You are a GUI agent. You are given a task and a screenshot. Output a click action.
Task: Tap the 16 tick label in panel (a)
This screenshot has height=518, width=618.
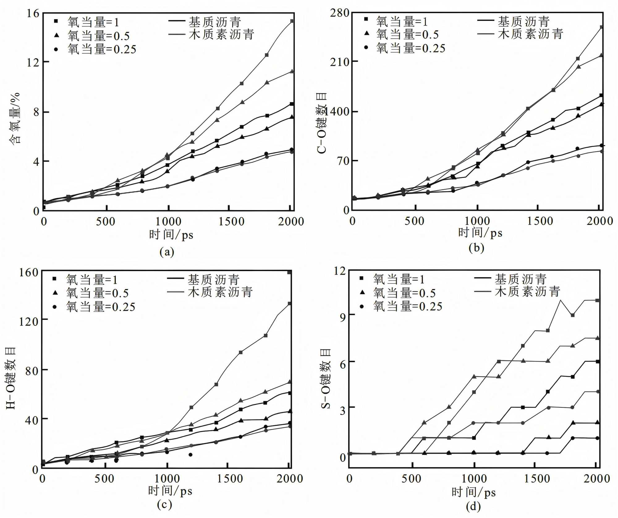(x=33, y=13)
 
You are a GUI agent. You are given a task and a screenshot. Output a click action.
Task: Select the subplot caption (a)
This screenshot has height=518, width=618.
(x=167, y=252)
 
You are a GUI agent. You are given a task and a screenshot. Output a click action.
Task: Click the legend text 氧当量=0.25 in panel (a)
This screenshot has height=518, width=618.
(x=102, y=49)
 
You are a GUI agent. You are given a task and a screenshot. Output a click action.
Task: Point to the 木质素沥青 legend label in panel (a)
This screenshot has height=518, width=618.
(x=221, y=34)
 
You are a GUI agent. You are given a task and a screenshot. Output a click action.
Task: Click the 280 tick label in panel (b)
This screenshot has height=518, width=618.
(x=339, y=13)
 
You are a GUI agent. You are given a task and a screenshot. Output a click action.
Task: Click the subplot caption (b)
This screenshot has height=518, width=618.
(x=476, y=248)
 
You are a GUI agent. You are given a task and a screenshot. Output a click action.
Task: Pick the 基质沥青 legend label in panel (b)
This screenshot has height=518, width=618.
(x=523, y=22)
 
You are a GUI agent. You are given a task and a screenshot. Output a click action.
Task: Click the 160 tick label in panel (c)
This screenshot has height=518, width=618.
(x=28, y=272)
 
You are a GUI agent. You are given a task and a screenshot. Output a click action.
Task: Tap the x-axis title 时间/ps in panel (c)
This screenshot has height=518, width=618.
(x=170, y=490)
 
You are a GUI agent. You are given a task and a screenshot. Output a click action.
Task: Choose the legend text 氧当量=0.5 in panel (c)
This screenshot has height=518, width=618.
(x=97, y=293)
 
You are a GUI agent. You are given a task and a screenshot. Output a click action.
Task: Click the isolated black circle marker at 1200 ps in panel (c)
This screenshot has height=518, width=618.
(x=190, y=455)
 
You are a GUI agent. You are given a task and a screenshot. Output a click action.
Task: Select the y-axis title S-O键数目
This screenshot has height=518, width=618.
(x=326, y=379)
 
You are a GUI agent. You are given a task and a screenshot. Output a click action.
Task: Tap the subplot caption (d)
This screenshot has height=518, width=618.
(x=473, y=506)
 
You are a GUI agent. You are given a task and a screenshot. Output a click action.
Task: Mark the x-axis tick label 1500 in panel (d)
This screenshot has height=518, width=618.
(x=537, y=479)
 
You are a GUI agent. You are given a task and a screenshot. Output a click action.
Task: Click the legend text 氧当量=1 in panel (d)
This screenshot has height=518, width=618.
(x=399, y=279)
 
